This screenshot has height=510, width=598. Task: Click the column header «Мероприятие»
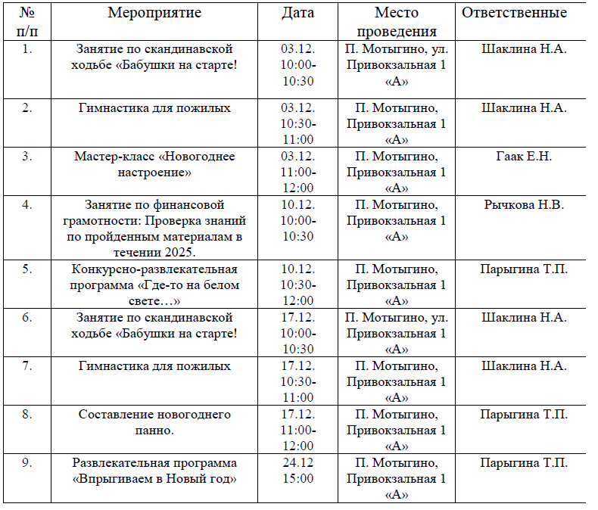(x=154, y=13)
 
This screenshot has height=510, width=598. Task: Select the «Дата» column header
(x=297, y=13)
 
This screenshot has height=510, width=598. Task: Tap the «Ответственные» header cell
(x=524, y=13)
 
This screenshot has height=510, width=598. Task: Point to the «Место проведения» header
(x=396, y=22)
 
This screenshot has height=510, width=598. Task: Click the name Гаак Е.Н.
(x=524, y=157)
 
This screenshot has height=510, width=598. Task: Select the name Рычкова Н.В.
(x=524, y=204)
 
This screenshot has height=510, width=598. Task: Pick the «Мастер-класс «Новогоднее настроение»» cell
(x=154, y=164)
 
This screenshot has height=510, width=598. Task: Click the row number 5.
(x=27, y=269)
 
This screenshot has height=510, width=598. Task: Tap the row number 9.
(x=27, y=462)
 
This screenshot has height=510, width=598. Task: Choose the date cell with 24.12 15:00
(x=297, y=471)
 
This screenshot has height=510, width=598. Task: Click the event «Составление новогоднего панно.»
(x=154, y=421)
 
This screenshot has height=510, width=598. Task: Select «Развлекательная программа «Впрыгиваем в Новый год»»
(x=154, y=470)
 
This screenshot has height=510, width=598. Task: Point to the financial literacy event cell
(x=154, y=228)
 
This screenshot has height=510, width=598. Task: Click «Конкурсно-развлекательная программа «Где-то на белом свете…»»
(x=154, y=285)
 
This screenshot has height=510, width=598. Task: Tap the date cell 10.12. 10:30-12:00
(x=297, y=285)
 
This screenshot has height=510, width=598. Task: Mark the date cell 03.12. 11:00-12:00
(x=297, y=172)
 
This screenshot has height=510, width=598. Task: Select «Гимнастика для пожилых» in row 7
(x=154, y=366)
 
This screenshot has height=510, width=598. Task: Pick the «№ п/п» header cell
(x=27, y=22)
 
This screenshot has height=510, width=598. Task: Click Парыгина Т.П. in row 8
(x=524, y=415)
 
